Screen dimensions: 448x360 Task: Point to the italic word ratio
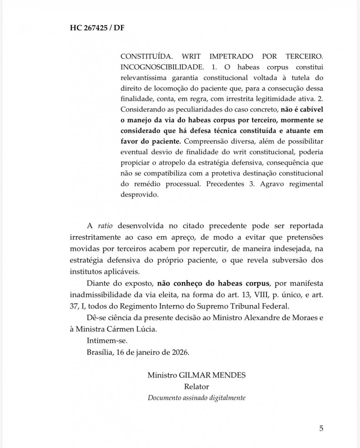(105, 226)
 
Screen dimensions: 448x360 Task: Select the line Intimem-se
(102, 341)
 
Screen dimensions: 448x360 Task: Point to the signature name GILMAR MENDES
(212, 375)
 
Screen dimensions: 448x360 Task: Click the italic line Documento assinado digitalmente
(196, 398)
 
